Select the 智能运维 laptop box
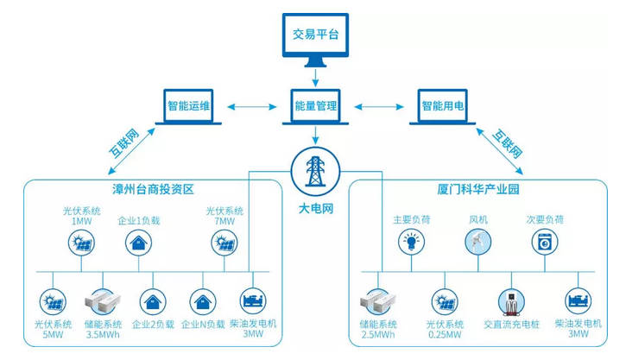190,109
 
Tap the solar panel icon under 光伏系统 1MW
82,245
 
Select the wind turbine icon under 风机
477,243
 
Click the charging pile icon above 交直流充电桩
510,301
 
